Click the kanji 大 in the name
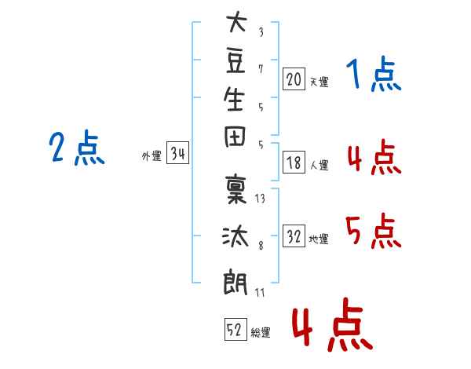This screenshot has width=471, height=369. [236, 21]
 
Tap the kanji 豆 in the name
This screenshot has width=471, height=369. [235, 60]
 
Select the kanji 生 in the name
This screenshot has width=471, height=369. [234, 99]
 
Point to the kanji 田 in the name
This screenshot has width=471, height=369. [235, 137]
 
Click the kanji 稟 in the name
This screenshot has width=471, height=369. [235, 189]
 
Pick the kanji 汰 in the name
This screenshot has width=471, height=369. [235, 236]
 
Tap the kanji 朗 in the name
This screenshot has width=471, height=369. [235, 282]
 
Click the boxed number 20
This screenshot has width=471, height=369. [294, 79]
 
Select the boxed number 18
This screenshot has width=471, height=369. [294, 163]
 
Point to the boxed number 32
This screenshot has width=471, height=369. [294, 236]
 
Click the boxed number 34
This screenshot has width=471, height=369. [177, 152]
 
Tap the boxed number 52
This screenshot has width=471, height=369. [235, 329]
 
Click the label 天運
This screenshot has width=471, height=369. [319, 82]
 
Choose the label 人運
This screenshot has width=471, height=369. [319, 165]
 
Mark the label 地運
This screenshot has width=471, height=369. [319, 239]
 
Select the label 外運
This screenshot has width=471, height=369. [152, 156]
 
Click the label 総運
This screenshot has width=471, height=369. [261, 333]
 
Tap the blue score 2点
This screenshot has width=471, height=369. [77, 148]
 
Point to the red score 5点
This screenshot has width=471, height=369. [374, 231]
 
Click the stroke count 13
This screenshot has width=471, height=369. [260, 199]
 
